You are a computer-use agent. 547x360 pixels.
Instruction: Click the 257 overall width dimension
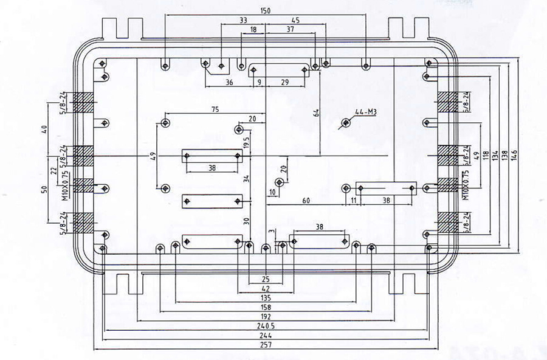coord(266,345)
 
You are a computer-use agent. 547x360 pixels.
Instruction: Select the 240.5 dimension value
coord(266,326)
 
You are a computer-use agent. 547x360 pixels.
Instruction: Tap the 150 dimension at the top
coord(266,11)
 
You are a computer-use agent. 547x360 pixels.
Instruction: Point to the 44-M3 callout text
coord(367,111)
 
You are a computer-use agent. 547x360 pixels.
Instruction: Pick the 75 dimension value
coord(215,109)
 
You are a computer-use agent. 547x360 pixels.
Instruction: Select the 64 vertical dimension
coord(316,113)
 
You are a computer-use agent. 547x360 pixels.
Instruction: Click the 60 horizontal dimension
coord(306,200)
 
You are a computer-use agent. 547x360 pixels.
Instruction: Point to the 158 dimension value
coord(266,307)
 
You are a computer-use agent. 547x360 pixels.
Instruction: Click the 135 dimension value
coord(266,298)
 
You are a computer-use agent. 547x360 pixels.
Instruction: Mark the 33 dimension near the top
coord(243,20)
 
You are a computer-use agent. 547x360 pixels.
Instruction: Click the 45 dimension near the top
coord(295,20)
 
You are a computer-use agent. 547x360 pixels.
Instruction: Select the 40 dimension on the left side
coord(43,129)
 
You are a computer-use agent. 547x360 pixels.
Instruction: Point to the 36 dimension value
coord(229,82)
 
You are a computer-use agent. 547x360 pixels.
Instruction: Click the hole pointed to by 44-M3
coord(346,122)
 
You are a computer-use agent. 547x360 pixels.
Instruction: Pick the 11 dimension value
coord(353,200)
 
